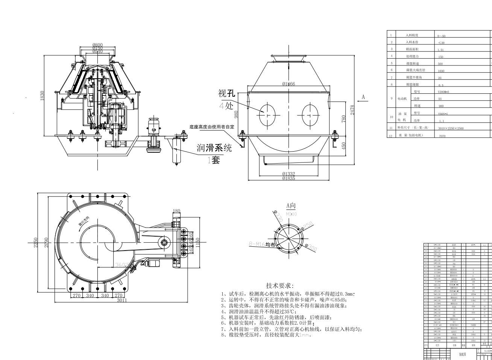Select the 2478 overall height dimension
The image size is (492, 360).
coord(352,110)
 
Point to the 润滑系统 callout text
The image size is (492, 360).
coord(214,148)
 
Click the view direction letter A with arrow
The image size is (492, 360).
coord(363,97)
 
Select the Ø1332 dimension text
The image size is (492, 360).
coord(289,174)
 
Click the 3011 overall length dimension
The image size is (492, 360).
coord(121,300)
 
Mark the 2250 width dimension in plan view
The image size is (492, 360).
coord(35,243)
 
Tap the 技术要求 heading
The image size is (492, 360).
coord(280,286)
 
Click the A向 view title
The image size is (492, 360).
coord(291,206)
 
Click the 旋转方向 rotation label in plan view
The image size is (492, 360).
coord(84,220)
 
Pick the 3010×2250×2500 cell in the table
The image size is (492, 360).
coord(451,128)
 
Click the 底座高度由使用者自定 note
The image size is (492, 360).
coord(212,127)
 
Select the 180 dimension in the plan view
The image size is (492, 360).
coord(176,211)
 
